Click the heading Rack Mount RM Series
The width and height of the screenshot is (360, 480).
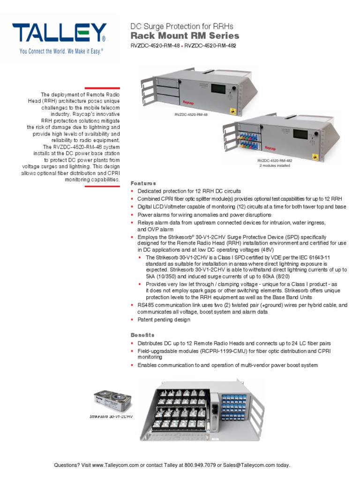(184, 36)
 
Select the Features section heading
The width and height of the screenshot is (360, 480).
(143, 183)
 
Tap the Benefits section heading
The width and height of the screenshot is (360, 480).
(142, 335)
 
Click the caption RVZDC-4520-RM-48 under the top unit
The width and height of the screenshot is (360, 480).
(190, 114)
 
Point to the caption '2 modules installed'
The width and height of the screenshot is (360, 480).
(275, 165)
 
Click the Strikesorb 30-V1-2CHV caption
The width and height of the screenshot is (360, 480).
(112, 416)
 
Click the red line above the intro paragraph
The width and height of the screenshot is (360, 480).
(102, 88)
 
